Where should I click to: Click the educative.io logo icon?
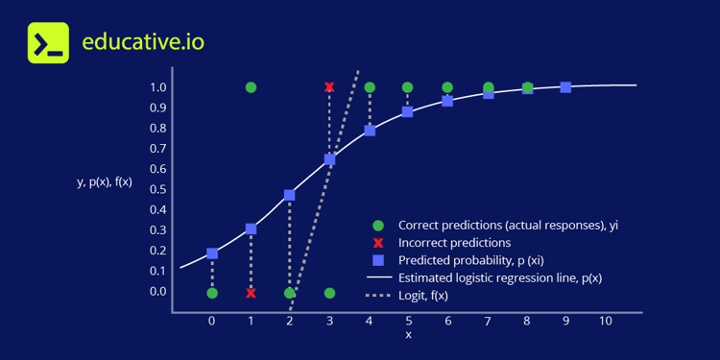48,43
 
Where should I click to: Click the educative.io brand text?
143,43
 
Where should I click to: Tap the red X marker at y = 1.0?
329,87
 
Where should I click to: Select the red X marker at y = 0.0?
251,293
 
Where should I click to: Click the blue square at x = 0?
212,253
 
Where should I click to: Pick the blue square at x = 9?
565,87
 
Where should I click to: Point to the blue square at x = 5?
408,111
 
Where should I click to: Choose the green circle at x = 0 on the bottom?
212,293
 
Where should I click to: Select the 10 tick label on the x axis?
605,321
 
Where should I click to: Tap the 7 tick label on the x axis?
487,321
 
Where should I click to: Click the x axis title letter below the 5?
408,335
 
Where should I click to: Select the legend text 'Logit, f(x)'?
423,296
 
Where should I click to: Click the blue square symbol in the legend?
377,260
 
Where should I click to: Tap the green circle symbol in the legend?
377,226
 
